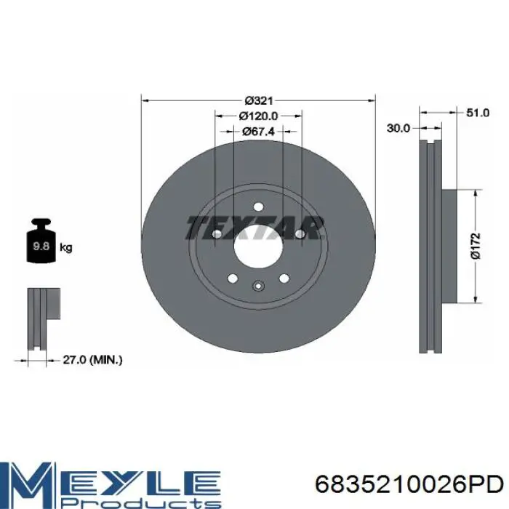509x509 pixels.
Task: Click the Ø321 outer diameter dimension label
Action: coord(259,100)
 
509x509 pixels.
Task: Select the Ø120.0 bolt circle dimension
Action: coord(258,116)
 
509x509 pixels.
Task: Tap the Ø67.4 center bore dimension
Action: coord(258,131)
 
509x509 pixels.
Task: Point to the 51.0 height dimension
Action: coord(478,113)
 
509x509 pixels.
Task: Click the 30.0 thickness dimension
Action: coord(398,128)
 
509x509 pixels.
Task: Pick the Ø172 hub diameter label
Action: coord(475,246)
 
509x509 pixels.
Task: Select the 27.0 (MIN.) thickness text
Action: coord(92,360)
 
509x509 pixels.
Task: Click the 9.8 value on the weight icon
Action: coord(41,246)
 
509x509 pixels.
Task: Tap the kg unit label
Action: coord(66,248)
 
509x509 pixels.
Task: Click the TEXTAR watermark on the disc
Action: coord(254,228)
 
